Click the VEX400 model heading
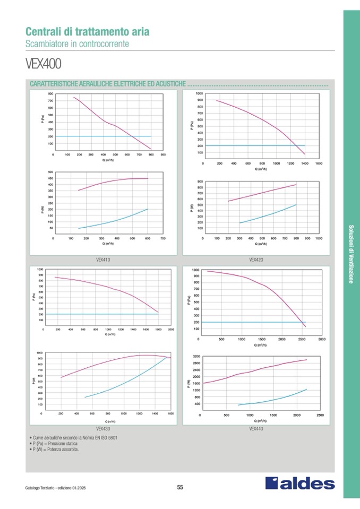click(44, 64)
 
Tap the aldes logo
click(300, 484)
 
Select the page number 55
click(180, 488)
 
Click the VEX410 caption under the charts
click(103, 260)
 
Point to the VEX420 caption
click(256, 260)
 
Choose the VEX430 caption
click(103, 428)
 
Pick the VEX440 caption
click(256, 428)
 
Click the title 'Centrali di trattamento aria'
click(87, 31)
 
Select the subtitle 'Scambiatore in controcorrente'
click(77, 44)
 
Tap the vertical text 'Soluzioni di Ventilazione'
click(351, 254)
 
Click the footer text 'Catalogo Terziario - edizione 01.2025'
click(55, 488)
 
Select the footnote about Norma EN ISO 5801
click(74, 438)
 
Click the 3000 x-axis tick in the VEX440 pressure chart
click(322, 339)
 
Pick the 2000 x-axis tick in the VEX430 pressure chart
click(170, 330)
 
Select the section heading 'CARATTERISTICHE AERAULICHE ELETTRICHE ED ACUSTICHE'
click(108, 84)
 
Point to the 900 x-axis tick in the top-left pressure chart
click(163, 154)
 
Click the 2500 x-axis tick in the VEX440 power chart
click(320, 416)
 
